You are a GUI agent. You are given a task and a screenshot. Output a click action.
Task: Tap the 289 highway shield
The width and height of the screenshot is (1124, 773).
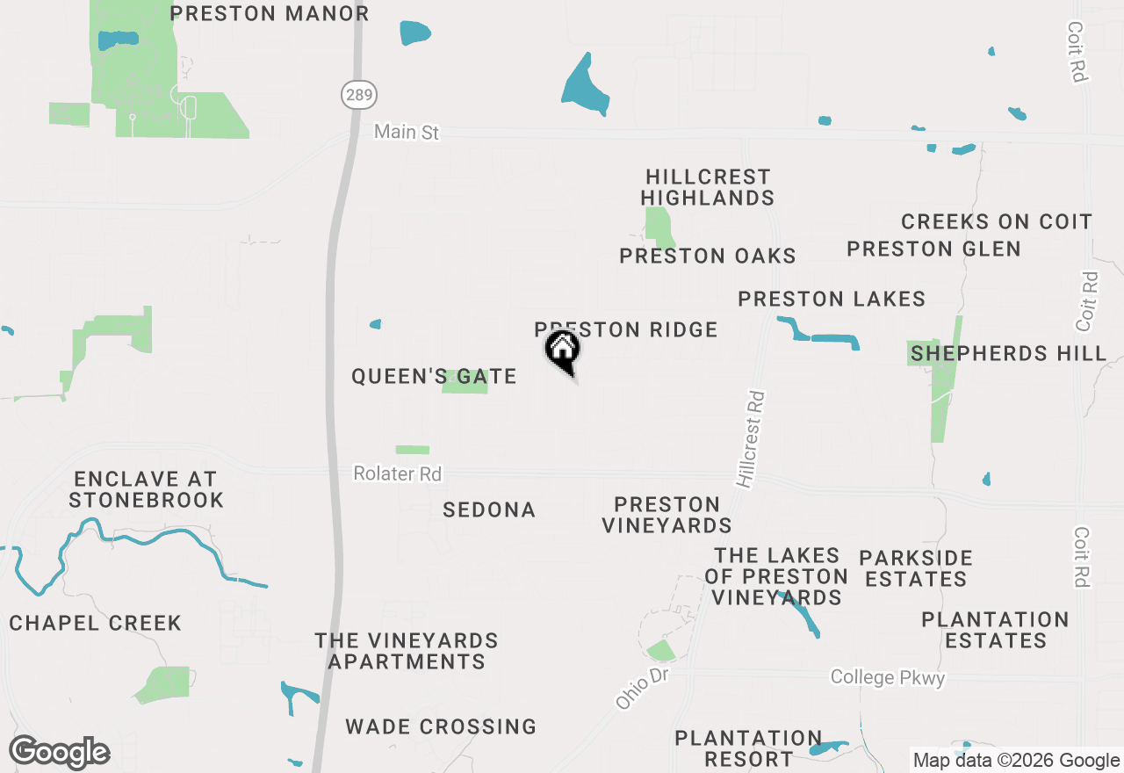358,95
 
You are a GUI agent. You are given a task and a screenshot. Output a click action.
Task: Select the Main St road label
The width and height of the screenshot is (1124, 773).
406,133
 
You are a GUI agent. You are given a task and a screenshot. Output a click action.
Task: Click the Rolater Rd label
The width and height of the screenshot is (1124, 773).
397,473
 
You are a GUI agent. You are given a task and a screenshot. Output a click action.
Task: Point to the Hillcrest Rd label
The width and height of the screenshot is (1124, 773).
752,439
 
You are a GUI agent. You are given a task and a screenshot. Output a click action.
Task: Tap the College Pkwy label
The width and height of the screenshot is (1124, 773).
887,677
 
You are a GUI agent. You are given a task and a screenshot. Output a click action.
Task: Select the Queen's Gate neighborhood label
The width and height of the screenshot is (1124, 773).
433,377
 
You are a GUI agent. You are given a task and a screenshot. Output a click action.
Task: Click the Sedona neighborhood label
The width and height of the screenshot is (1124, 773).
489,510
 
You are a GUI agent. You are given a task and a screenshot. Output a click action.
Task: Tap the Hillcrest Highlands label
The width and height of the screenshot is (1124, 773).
708,188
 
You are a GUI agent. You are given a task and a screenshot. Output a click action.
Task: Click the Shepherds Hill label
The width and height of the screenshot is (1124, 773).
1008,354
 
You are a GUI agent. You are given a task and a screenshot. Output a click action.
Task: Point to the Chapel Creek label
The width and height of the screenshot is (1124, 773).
95,624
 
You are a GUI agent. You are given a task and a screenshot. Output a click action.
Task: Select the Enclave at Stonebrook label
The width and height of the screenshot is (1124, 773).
146,490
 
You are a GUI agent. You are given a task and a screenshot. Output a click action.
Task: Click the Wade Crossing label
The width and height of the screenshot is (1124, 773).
441,727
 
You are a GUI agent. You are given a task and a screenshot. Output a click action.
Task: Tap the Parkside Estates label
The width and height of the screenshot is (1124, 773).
915,568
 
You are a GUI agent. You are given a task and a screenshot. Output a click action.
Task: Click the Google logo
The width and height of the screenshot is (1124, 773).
59,752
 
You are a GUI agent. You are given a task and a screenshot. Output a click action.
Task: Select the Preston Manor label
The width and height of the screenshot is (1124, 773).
269,14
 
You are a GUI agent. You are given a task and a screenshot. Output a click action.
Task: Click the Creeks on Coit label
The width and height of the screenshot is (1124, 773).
996,222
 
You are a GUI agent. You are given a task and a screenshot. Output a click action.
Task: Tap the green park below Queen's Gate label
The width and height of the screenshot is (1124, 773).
412,450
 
